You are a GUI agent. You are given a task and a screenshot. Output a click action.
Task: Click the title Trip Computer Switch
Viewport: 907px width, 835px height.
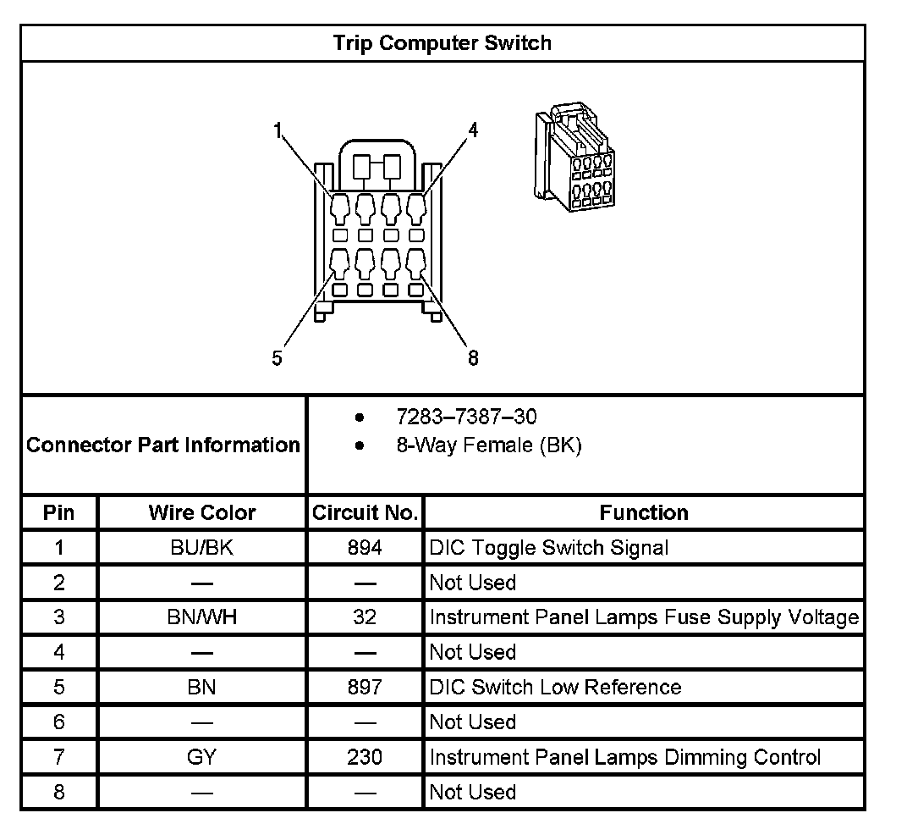pyautogui.click(x=442, y=43)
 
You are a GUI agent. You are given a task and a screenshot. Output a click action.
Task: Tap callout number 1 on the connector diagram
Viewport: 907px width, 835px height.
pyautogui.click(x=277, y=130)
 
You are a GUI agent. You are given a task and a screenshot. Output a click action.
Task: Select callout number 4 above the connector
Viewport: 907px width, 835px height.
pyautogui.click(x=473, y=130)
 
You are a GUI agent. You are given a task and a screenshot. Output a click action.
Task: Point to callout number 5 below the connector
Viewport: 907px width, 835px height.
pyautogui.click(x=278, y=358)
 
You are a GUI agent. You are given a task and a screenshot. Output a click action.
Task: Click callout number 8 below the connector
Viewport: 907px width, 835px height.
pyautogui.click(x=473, y=358)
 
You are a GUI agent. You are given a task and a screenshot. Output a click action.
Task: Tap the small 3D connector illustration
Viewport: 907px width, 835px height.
pyautogui.click(x=572, y=158)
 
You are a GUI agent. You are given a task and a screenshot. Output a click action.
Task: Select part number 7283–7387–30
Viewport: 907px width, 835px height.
pyautogui.click(x=466, y=417)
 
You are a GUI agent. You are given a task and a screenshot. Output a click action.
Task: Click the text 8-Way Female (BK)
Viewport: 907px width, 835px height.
pyautogui.click(x=488, y=445)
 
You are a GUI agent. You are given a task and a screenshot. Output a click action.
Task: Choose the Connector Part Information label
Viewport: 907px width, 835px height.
pyautogui.click(x=163, y=445)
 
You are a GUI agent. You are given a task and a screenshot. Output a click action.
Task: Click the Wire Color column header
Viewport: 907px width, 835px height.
pyautogui.click(x=201, y=512)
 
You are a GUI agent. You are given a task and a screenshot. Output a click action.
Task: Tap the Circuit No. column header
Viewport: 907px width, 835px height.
pyautogui.click(x=365, y=512)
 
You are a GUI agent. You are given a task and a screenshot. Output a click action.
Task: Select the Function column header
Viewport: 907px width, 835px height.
pyautogui.click(x=643, y=512)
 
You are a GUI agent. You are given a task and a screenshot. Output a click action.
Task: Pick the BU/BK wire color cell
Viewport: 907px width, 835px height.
pyautogui.click(x=201, y=548)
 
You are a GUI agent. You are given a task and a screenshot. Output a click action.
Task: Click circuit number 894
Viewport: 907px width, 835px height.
pyautogui.click(x=365, y=548)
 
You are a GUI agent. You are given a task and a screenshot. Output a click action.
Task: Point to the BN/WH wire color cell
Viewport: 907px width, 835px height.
pyautogui.click(x=201, y=617)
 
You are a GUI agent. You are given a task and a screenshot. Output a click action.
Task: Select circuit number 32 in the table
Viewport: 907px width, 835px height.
pyautogui.click(x=365, y=617)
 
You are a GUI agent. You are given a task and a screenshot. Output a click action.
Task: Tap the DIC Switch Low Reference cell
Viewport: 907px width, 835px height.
pyautogui.click(x=555, y=687)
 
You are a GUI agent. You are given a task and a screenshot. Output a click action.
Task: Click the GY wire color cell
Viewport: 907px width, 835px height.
pyautogui.click(x=201, y=756)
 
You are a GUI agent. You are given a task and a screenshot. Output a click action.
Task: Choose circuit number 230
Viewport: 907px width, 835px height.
pyautogui.click(x=365, y=756)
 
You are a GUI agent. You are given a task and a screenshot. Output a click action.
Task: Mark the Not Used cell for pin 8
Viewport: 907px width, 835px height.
pyautogui.click(x=472, y=792)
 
